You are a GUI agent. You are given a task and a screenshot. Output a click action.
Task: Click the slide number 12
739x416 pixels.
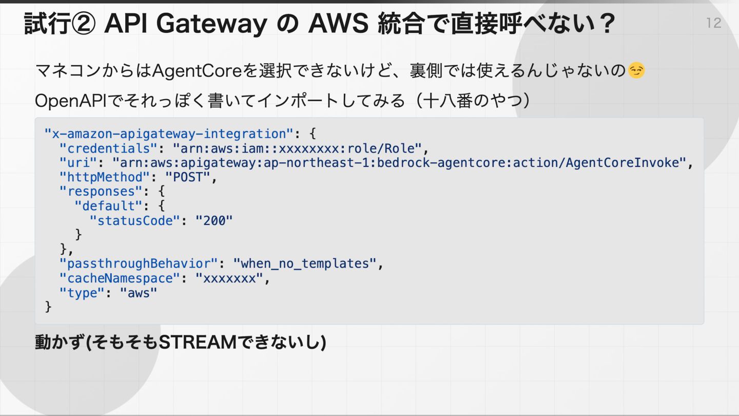(x=713, y=23)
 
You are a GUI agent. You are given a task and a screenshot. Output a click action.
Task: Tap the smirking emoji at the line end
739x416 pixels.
(x=636, y=71)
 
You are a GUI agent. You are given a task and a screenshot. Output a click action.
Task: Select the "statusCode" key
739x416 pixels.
(x=134, y=220)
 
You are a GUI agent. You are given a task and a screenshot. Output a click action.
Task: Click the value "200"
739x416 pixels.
(x=214, y=220)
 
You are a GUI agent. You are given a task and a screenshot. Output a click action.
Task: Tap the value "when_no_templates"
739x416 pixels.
(x=305, y=263)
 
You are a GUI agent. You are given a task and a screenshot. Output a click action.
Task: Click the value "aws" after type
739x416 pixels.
(x=138, y=293)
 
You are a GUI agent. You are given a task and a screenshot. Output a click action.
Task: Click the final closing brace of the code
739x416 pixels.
(x=49, y=307)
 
